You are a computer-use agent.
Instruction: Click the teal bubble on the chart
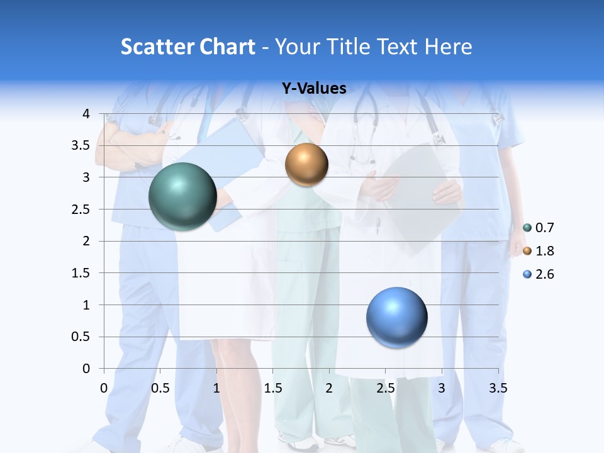coord(182,196)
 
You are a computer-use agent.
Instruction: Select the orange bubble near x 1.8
coord(306,164)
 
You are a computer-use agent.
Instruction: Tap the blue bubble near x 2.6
coord(396,317)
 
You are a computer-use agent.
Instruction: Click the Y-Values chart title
coord(314,89)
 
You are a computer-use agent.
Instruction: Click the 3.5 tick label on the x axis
coord(498,388)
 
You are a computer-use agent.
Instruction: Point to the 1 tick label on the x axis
coord(216,388)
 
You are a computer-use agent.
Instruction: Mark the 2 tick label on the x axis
coord(329,388)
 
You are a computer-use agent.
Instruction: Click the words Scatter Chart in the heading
coord(187,47)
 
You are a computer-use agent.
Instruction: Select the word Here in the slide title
coord(448,47)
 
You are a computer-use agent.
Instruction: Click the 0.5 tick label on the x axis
coord(160,388)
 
